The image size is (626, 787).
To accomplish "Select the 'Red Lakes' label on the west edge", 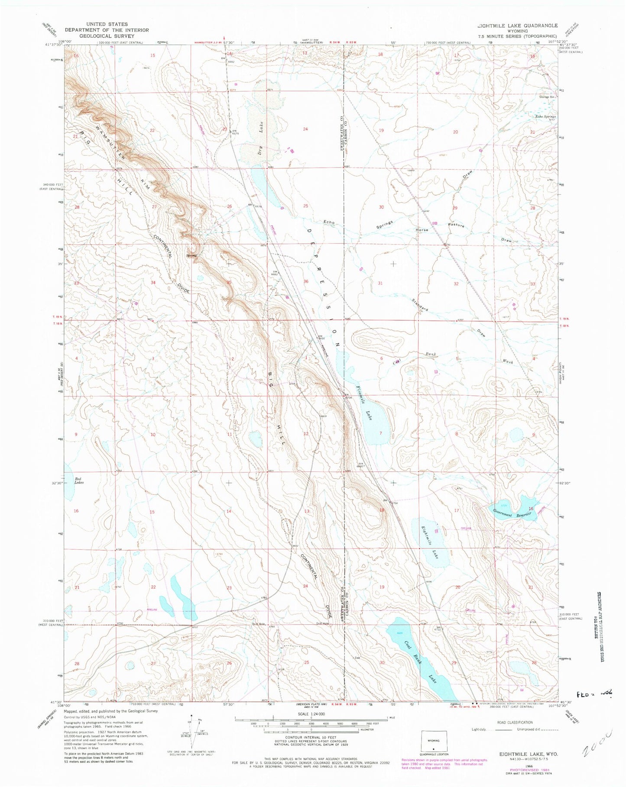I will coord(79,480).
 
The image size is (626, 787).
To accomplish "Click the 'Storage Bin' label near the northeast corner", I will coord(547,97).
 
